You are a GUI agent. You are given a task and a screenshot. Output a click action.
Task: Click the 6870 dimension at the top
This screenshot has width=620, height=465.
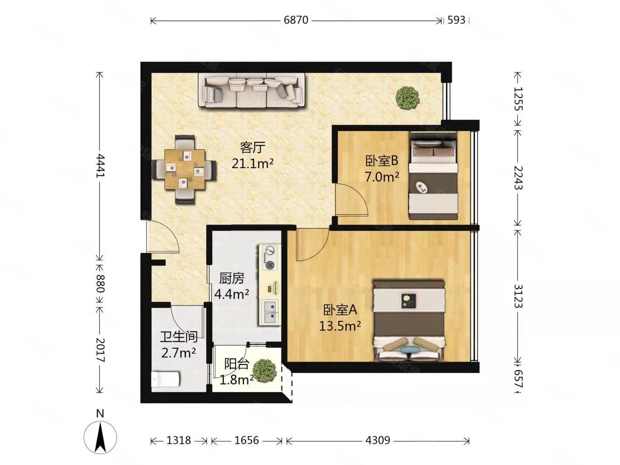pyautogui.click(x=296, y=21)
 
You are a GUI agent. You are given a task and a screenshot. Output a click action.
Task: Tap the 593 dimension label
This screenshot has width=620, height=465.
pyautogui.click(x=456, y=20)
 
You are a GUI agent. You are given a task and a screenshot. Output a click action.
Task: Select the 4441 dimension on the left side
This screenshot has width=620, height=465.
pyautogui.click(x=100, y=166)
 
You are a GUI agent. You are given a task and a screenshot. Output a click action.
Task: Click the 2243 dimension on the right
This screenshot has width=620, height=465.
pyautogui.click(x=518, y=178)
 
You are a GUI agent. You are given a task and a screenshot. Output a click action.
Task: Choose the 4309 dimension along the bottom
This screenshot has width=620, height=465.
pyautogui.click(x=378, y=440)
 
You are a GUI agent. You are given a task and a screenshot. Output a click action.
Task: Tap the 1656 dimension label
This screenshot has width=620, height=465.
pyautogui.click(x=247, y=440)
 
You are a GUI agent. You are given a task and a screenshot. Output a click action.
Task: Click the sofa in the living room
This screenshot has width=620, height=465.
pyautogui.click(x=251, y=91)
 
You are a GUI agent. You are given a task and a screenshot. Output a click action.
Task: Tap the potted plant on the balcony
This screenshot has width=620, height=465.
pyautogui.click(x=264, y=370)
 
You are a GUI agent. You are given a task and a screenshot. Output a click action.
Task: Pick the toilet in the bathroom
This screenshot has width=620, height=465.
pyautogui.click(x=165, y=379)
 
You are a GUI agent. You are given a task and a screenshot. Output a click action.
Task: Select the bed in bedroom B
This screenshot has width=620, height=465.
pyautogui.click(x=433, y=176)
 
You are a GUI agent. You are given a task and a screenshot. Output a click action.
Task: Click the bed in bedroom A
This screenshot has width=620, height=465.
pyautogui.click(x=409, y=320)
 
